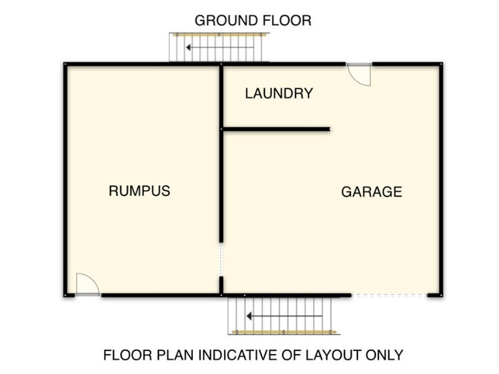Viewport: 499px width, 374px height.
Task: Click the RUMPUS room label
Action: (x=139, y=191)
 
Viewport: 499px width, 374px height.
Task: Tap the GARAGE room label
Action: (x=372, y=192)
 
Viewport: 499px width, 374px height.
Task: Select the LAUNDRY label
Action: (x=279, y=93)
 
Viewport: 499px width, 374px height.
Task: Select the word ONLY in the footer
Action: (x=384, y=355)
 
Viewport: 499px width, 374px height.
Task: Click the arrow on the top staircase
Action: (x=220, y=47)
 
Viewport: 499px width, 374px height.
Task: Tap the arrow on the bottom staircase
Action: (x=284, y=316)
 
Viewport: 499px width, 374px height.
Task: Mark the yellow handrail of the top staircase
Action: (x=220, y=35)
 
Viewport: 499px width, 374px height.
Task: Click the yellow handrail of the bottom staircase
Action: (x=284, y=332)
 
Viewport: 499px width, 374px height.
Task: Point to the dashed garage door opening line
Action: (x=389, y=295)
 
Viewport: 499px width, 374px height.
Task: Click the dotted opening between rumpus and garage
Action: (x=221, y=259)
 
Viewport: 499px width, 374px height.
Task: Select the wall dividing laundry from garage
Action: (x=276, y=129)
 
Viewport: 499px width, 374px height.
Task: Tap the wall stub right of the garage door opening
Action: (x=434, y=295)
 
